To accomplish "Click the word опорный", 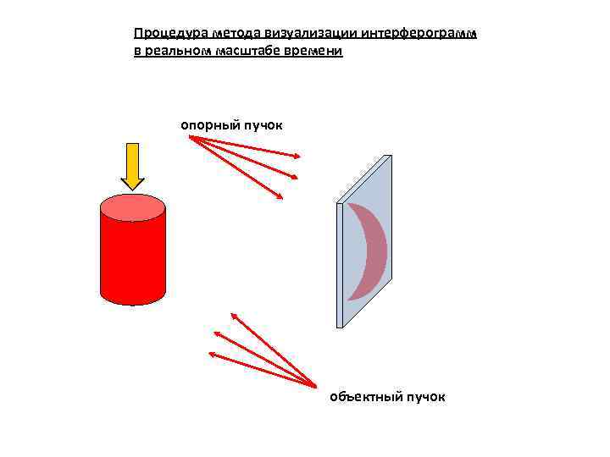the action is pos(209,125).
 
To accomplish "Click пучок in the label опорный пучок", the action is pos(263,125).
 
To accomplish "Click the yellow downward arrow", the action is pos(132,166).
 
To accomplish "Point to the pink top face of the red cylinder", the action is pos(132,206).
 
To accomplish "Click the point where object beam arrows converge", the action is pos(314,388).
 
